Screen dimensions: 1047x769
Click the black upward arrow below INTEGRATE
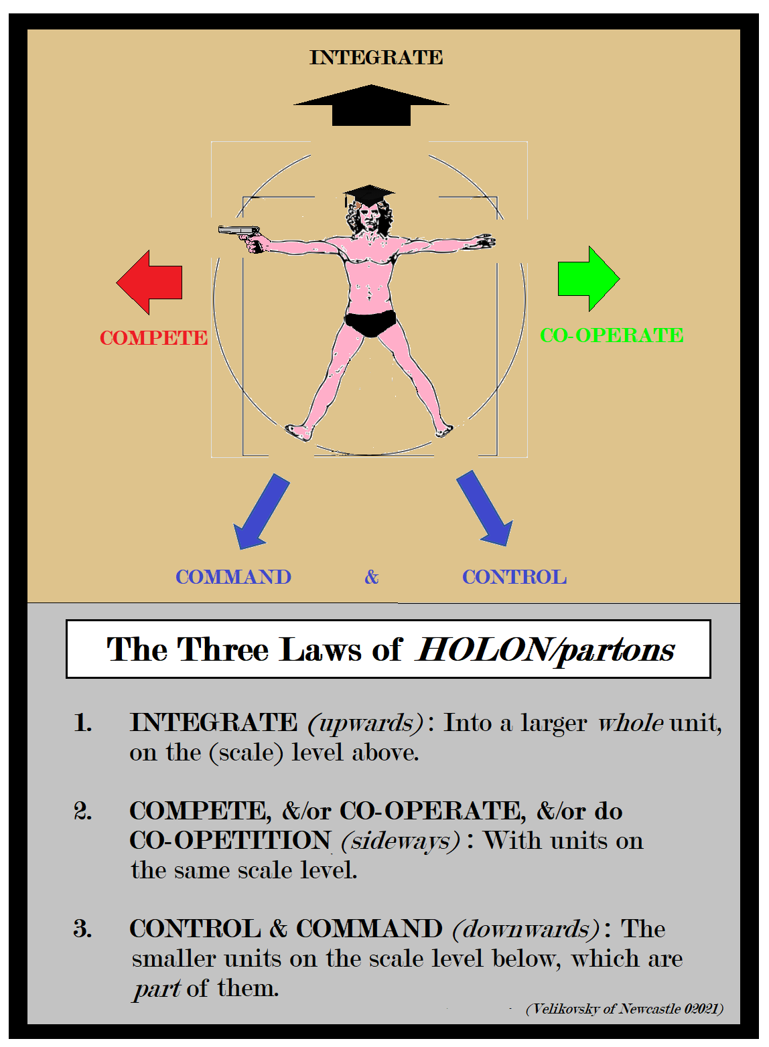(x=371, y=106)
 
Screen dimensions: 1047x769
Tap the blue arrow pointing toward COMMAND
(x=261, y=512)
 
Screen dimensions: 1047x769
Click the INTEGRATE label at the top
(x=376, y=58)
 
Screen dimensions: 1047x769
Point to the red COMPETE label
(x=153, y=337)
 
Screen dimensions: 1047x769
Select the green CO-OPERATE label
(x=612, y=335)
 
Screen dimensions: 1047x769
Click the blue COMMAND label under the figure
(x=233, y=577)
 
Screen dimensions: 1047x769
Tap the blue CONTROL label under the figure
(x=514, y=577)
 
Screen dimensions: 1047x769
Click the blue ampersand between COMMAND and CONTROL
(x=372, y=577)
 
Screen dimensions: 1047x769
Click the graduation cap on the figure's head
(x=368, y=195)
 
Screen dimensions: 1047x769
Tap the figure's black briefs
(x=370, y=323)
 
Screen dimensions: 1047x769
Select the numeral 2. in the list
(x=83, y=811)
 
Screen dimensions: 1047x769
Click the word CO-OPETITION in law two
(x=230, y=841)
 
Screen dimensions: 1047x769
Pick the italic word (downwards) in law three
(x=526, y=929)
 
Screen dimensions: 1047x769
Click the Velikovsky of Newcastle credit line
(x=624, y=1009)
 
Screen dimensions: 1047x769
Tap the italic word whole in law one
(x=630, y=723)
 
